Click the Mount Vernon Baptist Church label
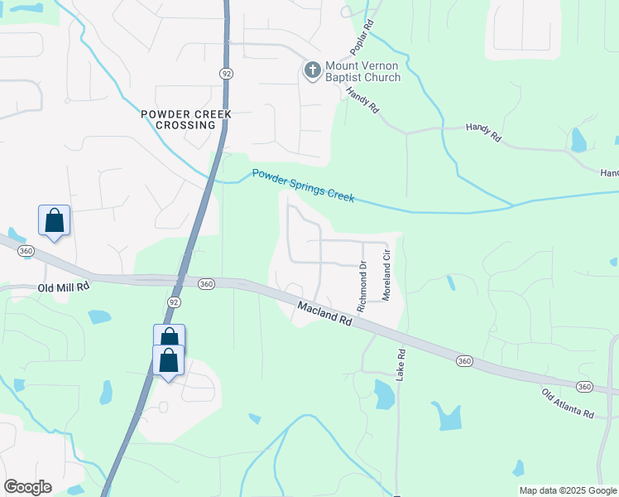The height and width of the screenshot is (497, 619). click(x=362, y=71)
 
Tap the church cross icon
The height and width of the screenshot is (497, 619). click(x=313, y=70)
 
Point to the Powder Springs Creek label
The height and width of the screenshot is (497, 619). click(x=303, y=186)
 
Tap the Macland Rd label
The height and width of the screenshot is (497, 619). click(x=324, y=316)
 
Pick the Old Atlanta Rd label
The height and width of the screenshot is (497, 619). click(x=568, y=403)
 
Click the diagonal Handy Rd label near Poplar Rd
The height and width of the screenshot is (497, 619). click(x=362, y=100)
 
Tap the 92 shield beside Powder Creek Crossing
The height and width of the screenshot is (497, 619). click(x=225, y=74)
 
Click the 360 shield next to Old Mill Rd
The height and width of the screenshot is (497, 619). click(x=206, y=284)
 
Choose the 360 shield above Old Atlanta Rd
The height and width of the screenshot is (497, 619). click(x=584, y=387)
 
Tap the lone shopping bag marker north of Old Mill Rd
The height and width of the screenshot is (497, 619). click(x=54, y=222)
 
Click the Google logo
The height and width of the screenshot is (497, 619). click(x=27, y=487)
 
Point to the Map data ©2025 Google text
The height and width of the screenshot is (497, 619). click(x=567, y=490)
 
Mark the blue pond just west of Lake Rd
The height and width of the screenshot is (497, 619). click(x=384, y=394)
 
